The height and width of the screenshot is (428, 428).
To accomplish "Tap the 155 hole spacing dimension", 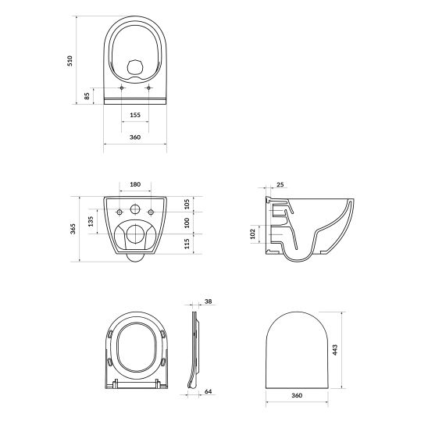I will pyautogui.click(x=135, y=115).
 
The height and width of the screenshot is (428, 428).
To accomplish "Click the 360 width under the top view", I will pyautogui.click(x=135, y=137).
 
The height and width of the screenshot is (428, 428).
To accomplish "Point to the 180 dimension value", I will pyautogui.click(x=135, y=184).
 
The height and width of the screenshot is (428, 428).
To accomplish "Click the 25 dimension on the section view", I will pyautogui.click(x=280, y=185).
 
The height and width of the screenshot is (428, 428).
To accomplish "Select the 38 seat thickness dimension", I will pyautogui.click(x=208, y=301).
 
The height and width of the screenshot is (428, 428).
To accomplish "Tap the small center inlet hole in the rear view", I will pyautogui.click(x=135, y=210).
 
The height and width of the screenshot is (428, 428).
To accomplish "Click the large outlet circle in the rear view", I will pyautogui.click(x=135, y=232).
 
